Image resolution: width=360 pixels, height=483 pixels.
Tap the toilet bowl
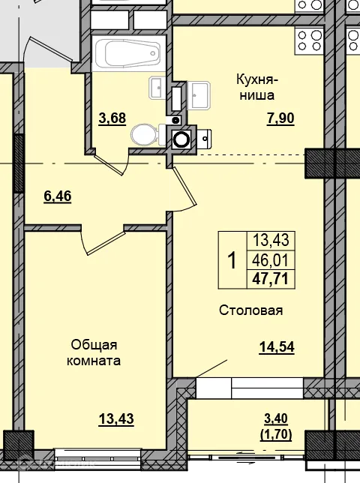click(x=144, y=135)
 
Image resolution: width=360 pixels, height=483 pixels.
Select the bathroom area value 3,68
click(x=112, y=117)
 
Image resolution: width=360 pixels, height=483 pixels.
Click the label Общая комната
click(x=94, y=352)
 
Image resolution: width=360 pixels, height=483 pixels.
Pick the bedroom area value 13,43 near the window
click(x=115, y=418)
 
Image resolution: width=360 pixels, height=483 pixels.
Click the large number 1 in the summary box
click(x=232, y=260)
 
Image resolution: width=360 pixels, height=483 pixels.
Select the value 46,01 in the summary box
click(x=271, y=260)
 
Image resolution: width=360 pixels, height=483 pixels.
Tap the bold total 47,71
click(x=271, y=279)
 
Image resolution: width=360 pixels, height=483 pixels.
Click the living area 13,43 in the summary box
click(x=271, y=241)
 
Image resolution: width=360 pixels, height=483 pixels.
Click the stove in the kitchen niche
click(x=309, y=37)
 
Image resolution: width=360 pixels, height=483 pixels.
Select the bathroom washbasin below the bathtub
click(x=157, y=88)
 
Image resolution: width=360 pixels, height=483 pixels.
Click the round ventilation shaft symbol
click(x=181, y=138)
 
